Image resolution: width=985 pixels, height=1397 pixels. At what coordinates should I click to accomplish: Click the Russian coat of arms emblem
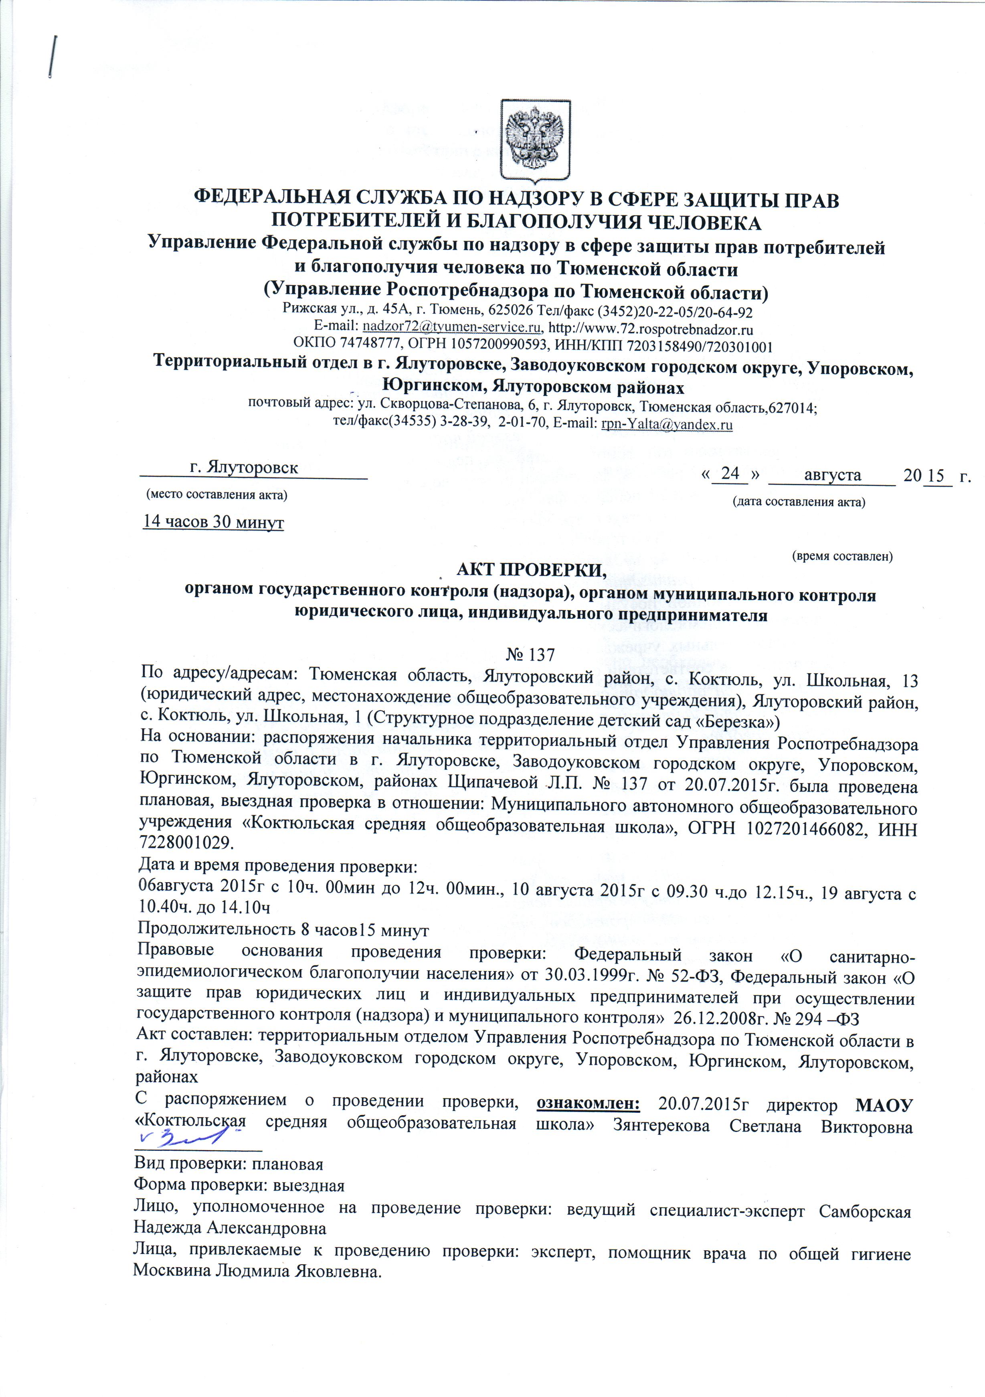tap(535, 142)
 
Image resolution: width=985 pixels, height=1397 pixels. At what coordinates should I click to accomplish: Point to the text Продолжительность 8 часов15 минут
tap(283, 930)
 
